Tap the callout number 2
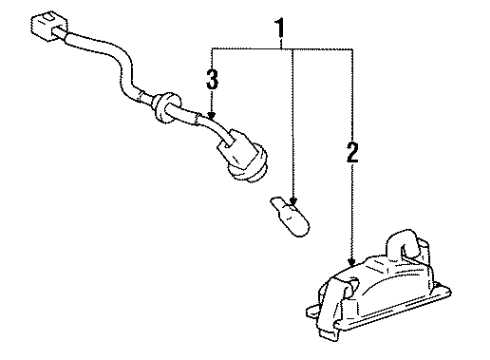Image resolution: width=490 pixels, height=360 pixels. click(350, 153)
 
